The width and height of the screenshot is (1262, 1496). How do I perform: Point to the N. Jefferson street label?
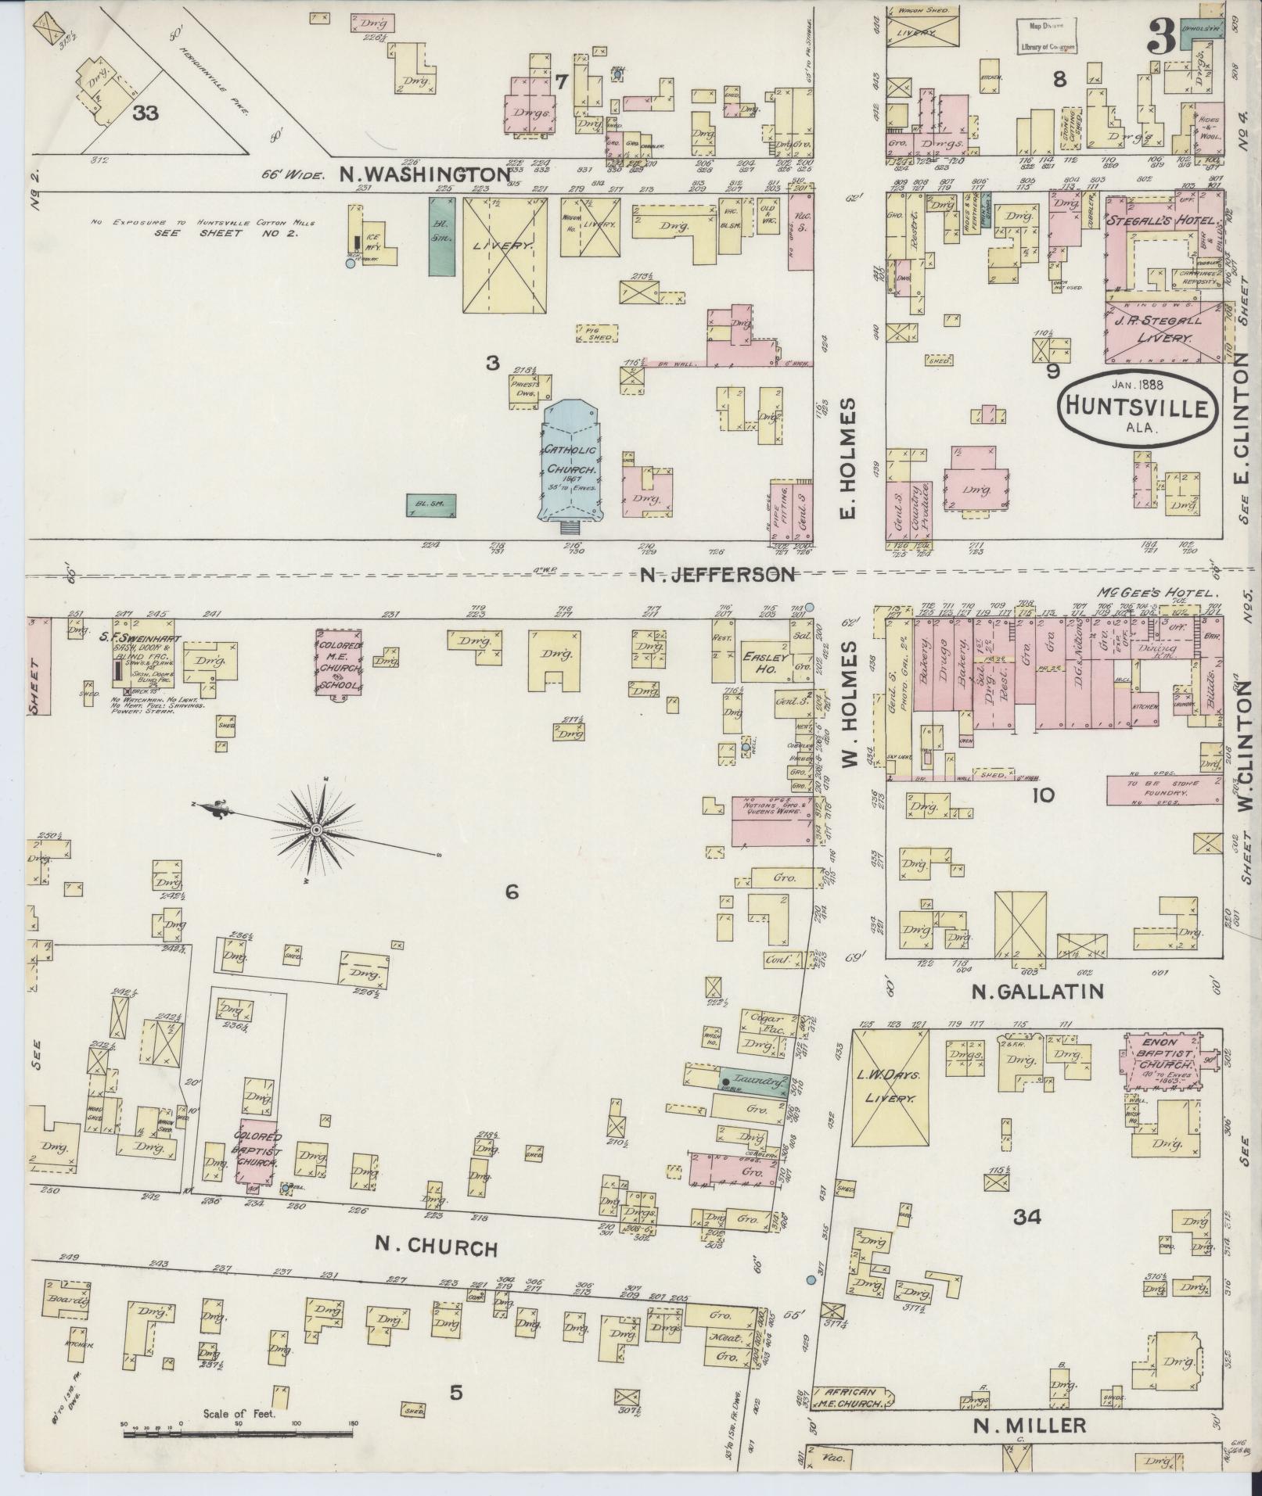coord(717,575)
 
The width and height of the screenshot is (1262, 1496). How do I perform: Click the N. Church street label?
coord(435,1246)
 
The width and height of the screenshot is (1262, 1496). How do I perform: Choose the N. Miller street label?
coord(1030,1426)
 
